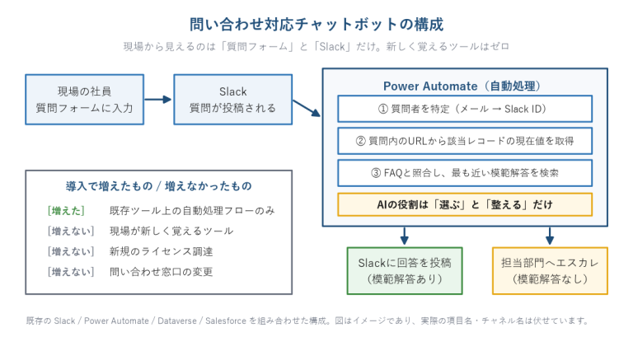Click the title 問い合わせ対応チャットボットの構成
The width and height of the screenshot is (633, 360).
(316, 24)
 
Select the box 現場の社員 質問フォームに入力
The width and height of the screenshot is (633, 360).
(84, 100)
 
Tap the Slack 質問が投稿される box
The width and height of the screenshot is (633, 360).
(233, 100)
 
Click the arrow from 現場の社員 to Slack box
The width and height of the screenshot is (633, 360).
(158, 100)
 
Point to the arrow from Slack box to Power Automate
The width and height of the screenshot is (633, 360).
(307, 108)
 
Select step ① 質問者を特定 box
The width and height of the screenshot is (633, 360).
(465, 109)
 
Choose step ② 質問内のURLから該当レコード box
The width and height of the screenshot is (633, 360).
(465, 141)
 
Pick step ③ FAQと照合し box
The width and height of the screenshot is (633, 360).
(465, 173)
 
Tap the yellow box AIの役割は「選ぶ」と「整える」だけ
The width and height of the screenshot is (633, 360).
(465, 204)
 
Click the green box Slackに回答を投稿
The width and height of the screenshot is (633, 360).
(405, 271)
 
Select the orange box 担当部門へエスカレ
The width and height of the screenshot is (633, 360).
(550, 271)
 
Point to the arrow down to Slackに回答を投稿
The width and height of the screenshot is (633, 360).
(405, 236)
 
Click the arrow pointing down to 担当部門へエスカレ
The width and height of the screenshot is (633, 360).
(550, 236)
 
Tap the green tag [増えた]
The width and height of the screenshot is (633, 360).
(66, 211)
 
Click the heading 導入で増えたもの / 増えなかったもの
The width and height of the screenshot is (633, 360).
(158, 186)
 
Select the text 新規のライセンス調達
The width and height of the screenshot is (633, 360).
(161, 251)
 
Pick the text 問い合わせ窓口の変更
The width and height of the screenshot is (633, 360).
(161, 272)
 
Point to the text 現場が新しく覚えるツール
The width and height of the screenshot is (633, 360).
(171, 231)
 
